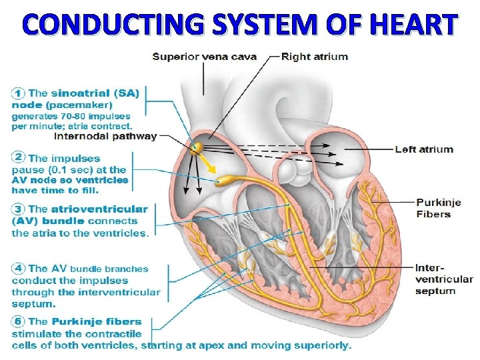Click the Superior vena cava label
pos(204,57)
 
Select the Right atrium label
pos(314,57)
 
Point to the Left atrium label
pos(423,149)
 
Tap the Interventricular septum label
pos(443,279)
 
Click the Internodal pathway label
pos(105,137)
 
